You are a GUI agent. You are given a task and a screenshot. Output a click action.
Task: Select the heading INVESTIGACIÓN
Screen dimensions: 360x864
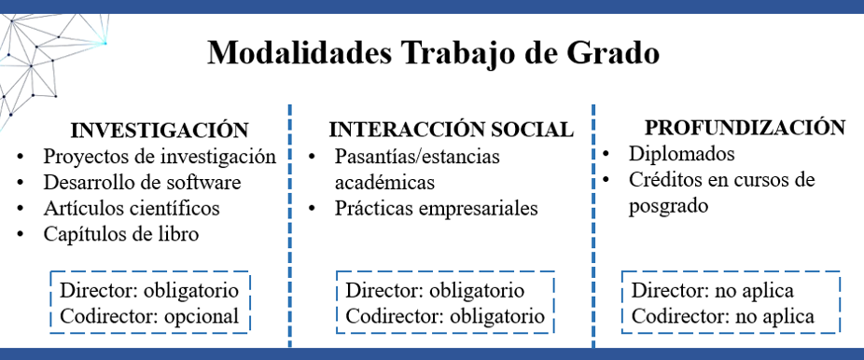160,130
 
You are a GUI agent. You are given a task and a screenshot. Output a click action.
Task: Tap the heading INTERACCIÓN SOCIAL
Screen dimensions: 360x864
451,130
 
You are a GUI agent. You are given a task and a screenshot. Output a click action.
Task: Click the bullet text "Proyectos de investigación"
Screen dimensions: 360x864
160,156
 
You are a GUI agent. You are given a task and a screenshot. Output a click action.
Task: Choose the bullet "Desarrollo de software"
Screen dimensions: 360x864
142,181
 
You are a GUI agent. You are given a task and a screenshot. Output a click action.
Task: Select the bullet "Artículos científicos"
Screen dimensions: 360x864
132,207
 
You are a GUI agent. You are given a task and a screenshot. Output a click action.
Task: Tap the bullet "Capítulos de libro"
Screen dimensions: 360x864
120,233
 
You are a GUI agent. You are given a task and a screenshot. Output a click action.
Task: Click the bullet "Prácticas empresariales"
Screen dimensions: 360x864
436,208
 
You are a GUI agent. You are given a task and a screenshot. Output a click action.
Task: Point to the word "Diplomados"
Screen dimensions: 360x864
681,154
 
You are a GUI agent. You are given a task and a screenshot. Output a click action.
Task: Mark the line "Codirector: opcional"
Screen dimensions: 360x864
149,316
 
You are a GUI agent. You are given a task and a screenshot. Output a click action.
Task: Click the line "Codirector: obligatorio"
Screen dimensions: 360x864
445,316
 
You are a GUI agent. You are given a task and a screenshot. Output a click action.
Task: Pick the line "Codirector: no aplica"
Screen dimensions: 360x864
722,316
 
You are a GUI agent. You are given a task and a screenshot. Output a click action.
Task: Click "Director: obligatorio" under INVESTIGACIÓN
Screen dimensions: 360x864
148,290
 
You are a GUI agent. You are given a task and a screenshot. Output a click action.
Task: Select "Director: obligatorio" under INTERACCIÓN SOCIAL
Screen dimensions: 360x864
435,291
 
